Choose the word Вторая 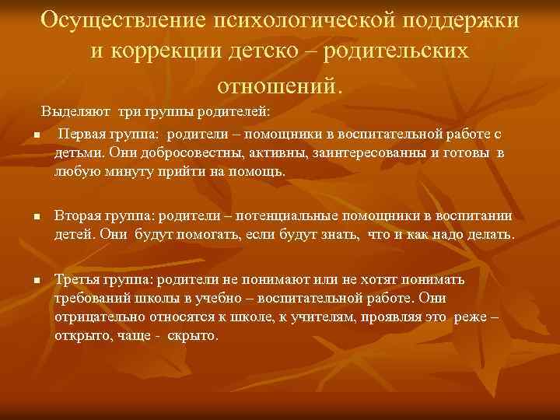pos(79,215)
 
